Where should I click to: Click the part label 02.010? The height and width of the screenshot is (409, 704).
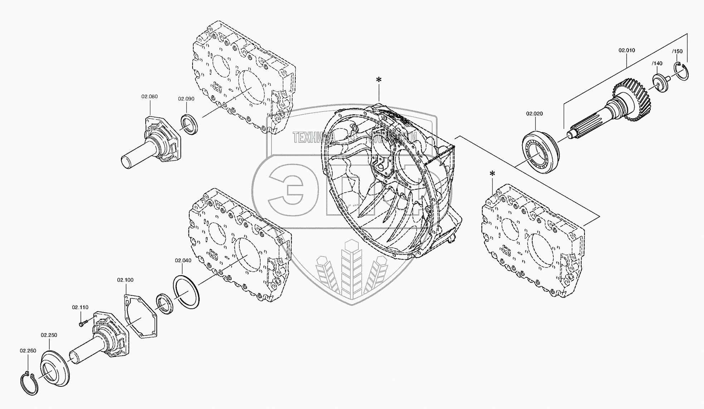tap(627, 50)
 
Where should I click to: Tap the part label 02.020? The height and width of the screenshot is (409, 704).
tap(534, 114)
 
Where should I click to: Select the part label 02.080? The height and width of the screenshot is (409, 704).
tap(149, 97)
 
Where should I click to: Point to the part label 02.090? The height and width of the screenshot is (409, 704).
tap(186, 99)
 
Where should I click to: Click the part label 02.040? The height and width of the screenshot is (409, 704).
tap(183, 260)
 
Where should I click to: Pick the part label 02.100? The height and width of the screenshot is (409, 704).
tap(125, 279)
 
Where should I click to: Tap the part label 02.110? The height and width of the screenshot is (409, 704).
tap(80, 307)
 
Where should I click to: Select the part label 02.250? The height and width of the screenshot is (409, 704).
tap(49, 335)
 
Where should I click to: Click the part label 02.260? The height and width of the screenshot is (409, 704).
tap(28, 351)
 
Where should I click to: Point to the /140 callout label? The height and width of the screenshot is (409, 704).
tap(657, 63)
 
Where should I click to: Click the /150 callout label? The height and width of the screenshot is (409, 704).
tap(677, 51)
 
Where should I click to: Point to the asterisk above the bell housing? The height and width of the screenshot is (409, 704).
tap(378, 80)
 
